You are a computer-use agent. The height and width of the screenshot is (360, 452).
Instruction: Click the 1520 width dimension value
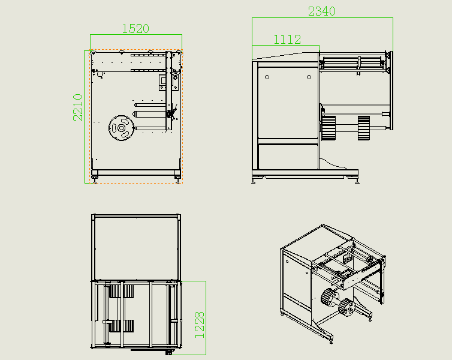[x=135, y=29]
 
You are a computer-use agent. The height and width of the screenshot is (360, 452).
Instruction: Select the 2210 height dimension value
[x=77, y=107]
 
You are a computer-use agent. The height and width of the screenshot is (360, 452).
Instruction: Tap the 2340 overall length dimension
[x=322, y=11]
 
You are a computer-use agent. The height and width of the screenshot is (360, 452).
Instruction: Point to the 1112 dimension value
[x=287, y=40]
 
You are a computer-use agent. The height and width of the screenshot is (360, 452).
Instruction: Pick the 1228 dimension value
[x=200, y=325]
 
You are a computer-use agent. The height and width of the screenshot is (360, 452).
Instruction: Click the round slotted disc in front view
[x=121, y=128]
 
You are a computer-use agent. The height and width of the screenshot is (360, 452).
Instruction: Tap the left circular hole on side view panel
[x=267, y=77]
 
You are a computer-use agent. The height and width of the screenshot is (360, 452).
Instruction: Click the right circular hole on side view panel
[x=309, y=77]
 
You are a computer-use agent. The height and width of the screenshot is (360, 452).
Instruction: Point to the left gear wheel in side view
[x=329, y=128]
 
